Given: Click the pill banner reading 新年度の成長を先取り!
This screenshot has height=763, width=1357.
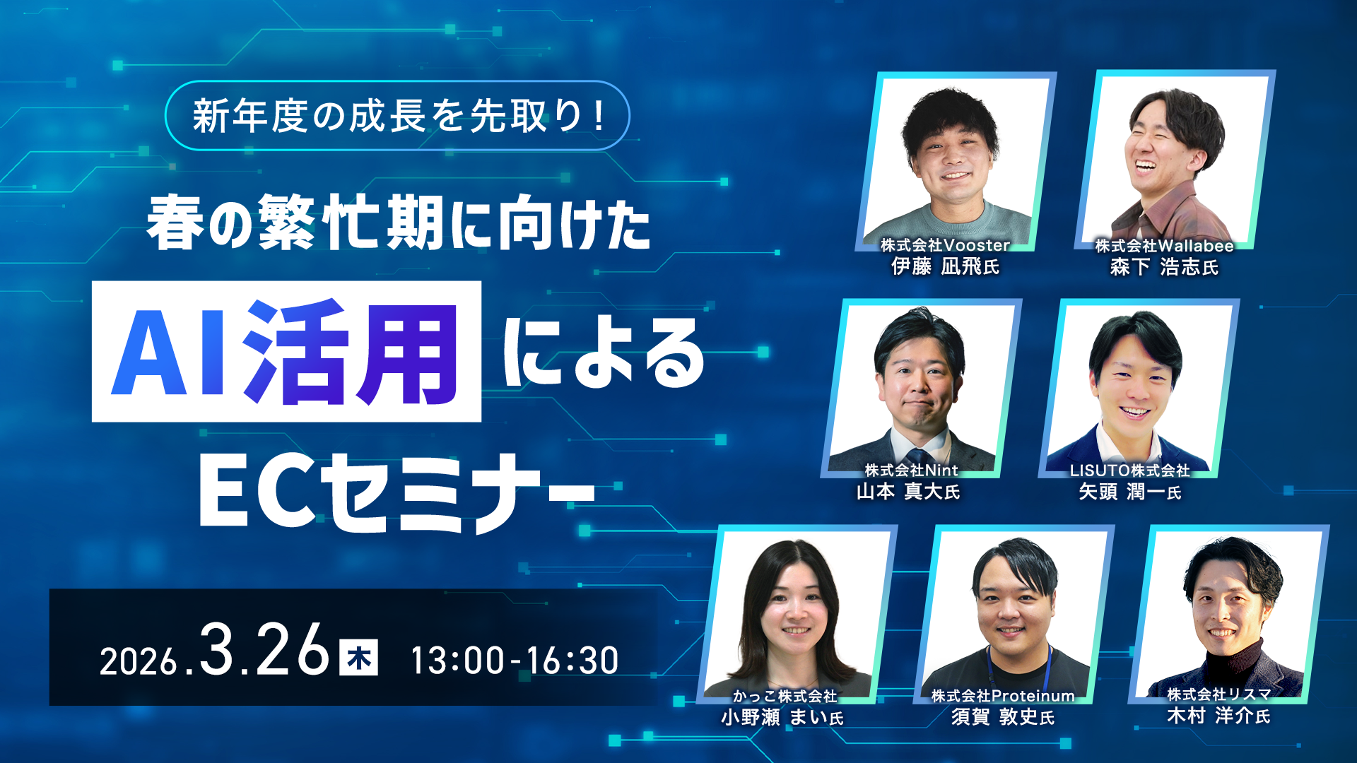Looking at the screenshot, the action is tap(397, 116).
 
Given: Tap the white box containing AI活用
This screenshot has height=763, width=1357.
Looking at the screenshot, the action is tap(286, 351).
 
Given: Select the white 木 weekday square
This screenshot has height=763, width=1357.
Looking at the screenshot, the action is tap(358, 657).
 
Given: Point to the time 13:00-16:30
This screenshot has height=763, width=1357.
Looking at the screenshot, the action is tap(515, 660).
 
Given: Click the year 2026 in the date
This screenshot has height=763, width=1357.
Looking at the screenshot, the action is tap(138, 662).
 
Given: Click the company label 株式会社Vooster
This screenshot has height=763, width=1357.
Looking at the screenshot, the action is tap(945, 245).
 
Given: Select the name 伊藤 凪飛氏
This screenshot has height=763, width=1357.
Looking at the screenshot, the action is tap(945, 266).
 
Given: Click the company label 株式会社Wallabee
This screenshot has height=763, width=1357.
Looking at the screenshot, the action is tap(1164, 246).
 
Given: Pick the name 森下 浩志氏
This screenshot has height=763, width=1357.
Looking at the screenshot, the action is tap(1164, 267).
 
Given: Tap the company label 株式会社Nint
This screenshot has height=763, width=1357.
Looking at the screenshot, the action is tap(911, 470).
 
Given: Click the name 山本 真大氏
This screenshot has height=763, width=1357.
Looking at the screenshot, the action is tap(908, 491).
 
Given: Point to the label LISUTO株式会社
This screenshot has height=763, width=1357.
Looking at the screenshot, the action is tap(1129, 471).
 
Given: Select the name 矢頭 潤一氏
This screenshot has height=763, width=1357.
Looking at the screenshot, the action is tap(1129, 492).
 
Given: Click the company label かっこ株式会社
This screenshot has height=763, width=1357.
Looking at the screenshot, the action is tap(785, 696).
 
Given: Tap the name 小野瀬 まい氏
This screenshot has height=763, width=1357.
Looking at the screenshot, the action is tap(782, 717).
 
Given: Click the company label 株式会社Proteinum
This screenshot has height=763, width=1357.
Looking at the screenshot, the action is tap(1003, 696).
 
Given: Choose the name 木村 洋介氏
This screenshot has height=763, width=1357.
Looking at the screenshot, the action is tap(1218, 716).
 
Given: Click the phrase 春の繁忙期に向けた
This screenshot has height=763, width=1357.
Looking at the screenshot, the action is tap(399, 223).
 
